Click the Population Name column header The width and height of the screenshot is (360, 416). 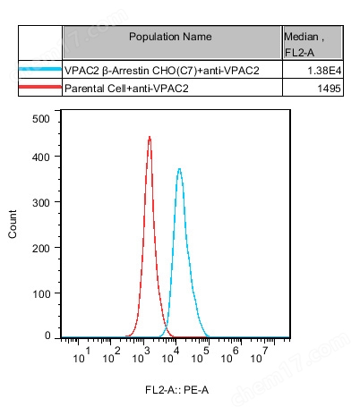170,37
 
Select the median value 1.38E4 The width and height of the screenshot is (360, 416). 329,70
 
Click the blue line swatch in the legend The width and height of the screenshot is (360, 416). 40,70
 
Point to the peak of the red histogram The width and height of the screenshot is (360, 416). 150,138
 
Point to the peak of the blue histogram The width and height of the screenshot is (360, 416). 180,168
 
